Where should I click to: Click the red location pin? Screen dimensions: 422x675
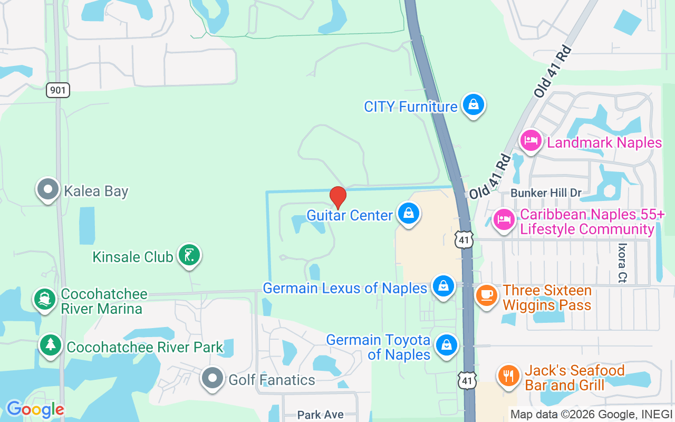pyautogui.click(x=338, y=197)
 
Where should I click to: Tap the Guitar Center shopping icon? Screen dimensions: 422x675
pyautogui.click(x=408, y=213)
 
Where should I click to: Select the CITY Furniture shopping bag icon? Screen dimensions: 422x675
pyautogui.click(x=474, y=104)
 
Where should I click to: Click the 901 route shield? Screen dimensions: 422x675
pyautogui.click(x=58, y=90)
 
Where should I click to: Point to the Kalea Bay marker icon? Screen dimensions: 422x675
pyautogui.click(x=48, y=189)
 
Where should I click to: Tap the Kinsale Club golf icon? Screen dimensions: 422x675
pyautogui.click(x=189, y=255)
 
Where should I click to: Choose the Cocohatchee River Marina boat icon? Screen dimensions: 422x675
pyautogui.click(x=45, y=300)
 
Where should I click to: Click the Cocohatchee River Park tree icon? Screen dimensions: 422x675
pyautogui.click(x=51, y=345)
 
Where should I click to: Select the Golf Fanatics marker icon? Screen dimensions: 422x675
pyautogui.click(x=213, y=378)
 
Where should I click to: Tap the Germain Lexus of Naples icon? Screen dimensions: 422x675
pyautogui.click(x=443, y=286)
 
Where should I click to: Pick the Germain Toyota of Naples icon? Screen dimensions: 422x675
pyautogui.click(x=447, y=345)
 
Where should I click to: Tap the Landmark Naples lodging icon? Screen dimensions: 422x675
pyautogui.click(x=531, y=140)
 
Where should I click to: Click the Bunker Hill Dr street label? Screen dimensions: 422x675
pyautogui.click(x=546, y=193)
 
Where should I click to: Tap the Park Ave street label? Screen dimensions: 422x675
pyautogui.click(x=321, y=415)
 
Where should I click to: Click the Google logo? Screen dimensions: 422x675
pyautogui.click(x=35, y=409)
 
